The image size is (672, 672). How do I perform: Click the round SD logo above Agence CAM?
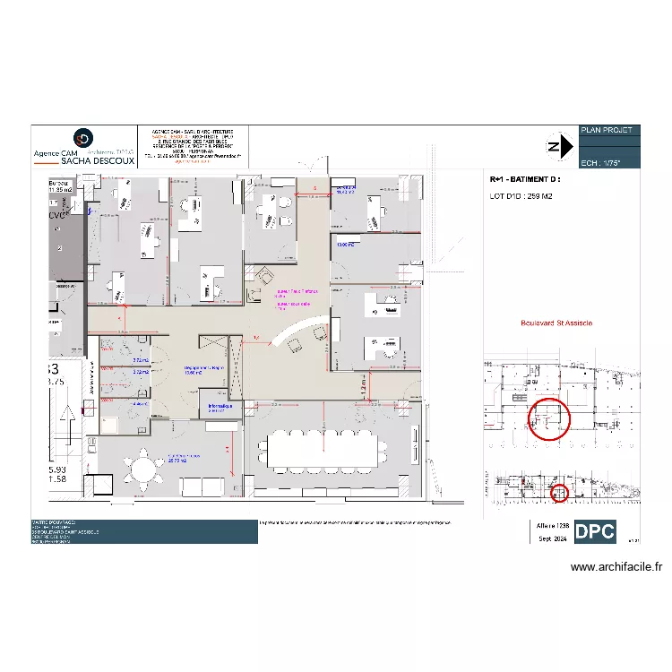(83, 138)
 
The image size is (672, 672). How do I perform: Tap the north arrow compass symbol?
(558, 147)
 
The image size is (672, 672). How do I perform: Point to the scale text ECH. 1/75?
(599, 163)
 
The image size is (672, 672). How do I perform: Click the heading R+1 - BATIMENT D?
(525, 180)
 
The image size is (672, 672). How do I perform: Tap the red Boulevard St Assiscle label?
(556, 323)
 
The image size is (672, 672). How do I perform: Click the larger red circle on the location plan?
(547, 418)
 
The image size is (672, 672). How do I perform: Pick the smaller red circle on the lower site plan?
(559, 492)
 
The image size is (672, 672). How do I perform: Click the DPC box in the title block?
(595, 531)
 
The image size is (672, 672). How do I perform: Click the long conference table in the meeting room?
(321, 448)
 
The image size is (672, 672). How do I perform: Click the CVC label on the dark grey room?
(58, 216)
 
